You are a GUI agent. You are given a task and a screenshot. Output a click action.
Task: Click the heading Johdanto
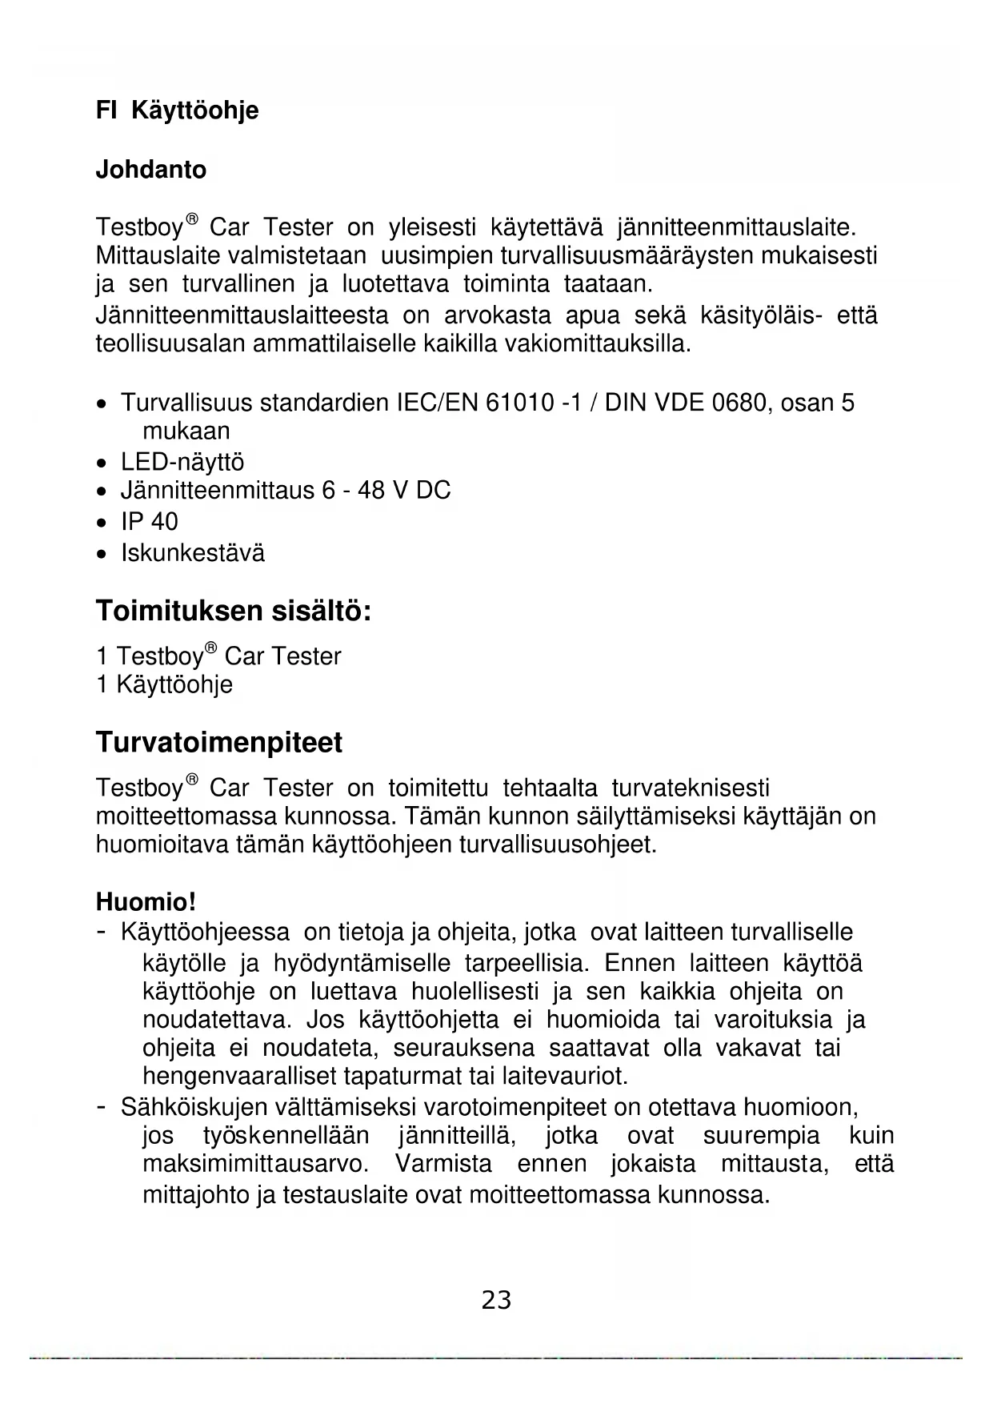(150, 170)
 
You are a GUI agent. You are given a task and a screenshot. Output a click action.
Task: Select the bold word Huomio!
(146, 902)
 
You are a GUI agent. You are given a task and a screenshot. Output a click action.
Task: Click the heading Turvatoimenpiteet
(218, 742)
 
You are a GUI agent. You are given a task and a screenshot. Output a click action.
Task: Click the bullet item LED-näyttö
(182, 462)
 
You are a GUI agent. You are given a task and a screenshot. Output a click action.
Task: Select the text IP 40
(150, 522)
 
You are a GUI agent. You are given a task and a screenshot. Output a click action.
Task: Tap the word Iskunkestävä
(193, 553)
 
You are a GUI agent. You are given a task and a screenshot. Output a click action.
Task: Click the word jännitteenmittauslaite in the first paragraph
(736, 227)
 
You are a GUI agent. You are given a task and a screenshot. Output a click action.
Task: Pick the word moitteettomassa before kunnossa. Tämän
(187, 816)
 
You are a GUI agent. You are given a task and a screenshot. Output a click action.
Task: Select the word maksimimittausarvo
(255, 1163)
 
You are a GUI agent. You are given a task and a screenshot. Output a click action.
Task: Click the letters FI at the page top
(106, 110)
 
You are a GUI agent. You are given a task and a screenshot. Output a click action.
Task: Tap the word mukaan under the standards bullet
(186, 431)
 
